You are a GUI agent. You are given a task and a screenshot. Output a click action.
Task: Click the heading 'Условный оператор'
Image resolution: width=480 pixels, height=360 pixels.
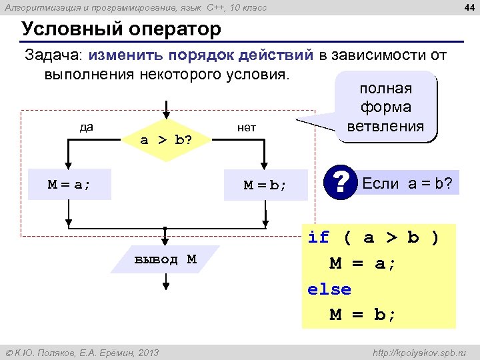[121, 30]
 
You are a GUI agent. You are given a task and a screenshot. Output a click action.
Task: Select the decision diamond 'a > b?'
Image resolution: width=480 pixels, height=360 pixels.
[166, 139]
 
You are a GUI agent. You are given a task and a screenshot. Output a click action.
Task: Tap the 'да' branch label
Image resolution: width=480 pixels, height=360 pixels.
[86, 127]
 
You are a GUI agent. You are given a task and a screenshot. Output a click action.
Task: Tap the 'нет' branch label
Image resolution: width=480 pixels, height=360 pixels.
[247, 127]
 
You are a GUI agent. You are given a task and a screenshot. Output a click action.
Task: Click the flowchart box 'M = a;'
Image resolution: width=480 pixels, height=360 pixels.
[69, 185]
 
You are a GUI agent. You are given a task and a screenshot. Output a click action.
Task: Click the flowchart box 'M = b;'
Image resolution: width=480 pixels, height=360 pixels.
[265, 185]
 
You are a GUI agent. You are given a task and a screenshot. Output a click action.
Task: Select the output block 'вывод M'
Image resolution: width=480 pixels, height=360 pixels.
[165, 259]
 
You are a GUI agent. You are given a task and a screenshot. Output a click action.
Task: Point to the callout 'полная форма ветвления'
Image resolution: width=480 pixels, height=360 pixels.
[385, 107]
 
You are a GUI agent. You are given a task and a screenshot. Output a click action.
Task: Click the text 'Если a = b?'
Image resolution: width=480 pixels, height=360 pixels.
[407, 184]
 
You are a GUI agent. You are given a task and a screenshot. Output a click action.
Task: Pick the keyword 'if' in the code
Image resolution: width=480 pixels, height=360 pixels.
[319, 237]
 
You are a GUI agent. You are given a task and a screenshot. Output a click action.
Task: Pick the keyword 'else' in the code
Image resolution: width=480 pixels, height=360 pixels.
[329, 289]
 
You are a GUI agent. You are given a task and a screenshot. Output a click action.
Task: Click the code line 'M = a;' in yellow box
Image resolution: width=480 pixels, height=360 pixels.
[363, 263]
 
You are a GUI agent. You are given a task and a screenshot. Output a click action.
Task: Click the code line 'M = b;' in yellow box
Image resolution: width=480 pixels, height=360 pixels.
[363, 315]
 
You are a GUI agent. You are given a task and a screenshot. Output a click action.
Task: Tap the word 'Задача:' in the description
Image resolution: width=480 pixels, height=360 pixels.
[54, 55]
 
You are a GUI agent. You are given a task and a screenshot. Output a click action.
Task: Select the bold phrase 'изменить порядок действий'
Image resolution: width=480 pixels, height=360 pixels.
[201, 55]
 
